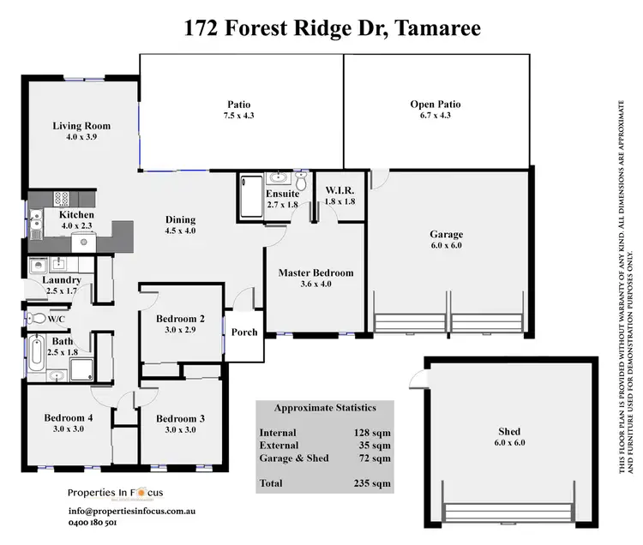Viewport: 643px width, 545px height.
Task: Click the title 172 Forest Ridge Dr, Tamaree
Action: [x=333, y=27]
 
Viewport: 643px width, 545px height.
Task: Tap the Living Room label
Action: [x=81, y=126]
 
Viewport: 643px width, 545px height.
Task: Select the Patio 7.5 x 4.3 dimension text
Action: [x=241, y=116]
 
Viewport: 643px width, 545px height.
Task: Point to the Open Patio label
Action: [x=436, y=105]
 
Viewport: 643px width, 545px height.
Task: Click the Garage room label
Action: [x=446, y=234]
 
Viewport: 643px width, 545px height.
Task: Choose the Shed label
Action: [x=508, y=431]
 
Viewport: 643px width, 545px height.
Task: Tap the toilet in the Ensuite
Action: [x=301, y=182]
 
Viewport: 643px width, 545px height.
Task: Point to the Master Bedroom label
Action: [x=315, y=273]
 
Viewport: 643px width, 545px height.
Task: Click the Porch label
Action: [x=245, y=332]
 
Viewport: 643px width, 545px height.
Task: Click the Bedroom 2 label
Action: [x=180, y=320]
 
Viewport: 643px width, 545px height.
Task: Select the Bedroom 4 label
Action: [x=68, y=418]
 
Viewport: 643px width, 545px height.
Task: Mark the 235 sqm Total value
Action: [x=373, y=484]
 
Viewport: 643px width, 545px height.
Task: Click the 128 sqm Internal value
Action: [x=373, y=434]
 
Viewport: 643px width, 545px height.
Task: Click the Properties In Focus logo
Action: [x=121, y=493]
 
